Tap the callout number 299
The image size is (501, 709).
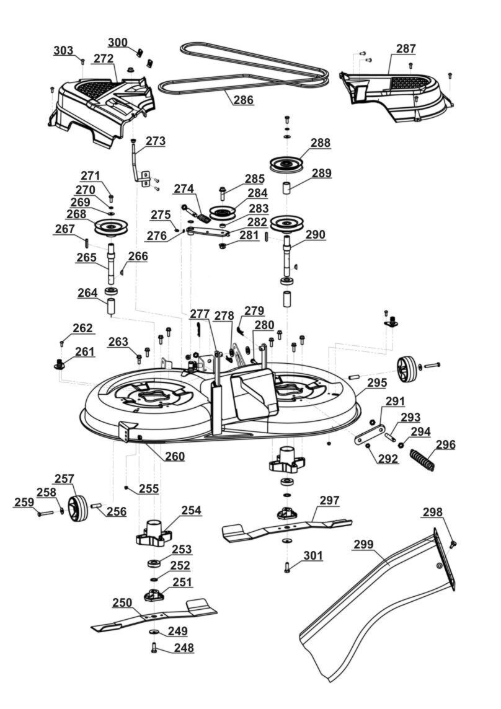[x=364, y=545]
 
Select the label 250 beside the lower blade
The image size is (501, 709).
[x=122, y=602]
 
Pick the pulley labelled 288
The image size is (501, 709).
[x=289, y=165]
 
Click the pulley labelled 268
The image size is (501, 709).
[x=111, y=227]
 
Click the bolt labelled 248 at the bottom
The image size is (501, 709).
[x=154, y=648]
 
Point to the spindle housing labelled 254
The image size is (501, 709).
[x=153, y=532]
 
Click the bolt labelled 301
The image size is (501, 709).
[x=287, y=566]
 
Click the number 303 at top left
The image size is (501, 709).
[x=63, y=50]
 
